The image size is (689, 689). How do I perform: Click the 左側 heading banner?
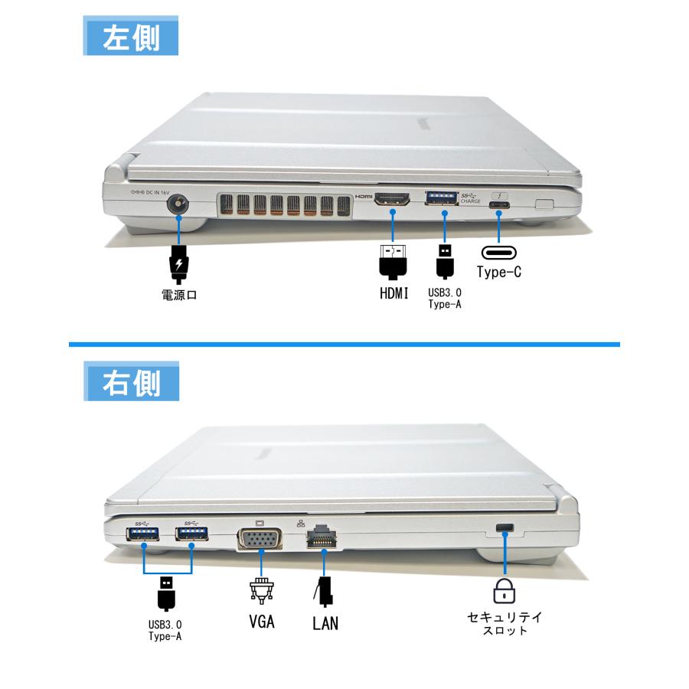pos(130,37)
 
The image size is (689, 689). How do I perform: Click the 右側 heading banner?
pos(130,381)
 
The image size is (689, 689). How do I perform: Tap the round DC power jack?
pos(179,204)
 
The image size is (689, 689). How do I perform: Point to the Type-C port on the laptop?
pos(499,205)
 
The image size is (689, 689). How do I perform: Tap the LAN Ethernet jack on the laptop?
pos(323,539)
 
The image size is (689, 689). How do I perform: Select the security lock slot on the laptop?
pos(505,527)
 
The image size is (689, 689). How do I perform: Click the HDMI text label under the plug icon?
pos(394,292)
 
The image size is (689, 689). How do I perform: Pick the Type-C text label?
pos(499,272)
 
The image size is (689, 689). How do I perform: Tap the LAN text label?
pos(325,623)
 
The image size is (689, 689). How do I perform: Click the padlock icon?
pos(505,590)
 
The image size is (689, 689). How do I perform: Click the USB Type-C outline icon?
pos(499,253)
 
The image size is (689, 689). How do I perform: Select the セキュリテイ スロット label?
pos(505,623)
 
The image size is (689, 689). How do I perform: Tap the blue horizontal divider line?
pos(344,344)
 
